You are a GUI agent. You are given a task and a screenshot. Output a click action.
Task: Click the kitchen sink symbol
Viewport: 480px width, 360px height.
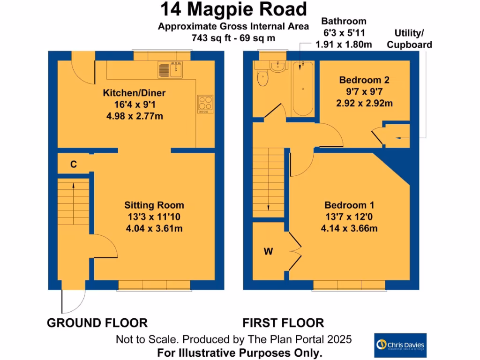[x=170, y=70]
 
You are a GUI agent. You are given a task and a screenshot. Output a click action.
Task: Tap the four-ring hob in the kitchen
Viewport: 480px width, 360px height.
[x=205, y=103]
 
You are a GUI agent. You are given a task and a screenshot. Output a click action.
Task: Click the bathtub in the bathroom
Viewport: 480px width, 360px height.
[x=303, y=89]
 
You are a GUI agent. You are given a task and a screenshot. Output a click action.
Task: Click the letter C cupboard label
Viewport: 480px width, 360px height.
[x=74, y=164]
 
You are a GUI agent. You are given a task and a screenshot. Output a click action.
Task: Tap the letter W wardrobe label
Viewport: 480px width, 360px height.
[x=268, y=252]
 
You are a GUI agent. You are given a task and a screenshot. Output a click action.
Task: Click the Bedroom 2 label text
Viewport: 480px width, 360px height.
[x=364, y=80]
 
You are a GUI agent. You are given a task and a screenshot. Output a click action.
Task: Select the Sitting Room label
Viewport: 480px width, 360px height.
[x=154, y=205]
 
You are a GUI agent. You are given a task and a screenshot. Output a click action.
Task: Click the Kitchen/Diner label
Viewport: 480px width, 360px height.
[x=134, y=93]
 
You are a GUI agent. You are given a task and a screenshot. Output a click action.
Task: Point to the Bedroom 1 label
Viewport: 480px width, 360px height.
[x=349, y=205]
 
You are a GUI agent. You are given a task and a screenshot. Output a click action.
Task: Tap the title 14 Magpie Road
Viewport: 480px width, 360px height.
[x=233, y=9]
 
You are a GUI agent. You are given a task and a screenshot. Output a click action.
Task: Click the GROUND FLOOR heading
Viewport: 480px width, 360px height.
[x=97, y=322]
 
